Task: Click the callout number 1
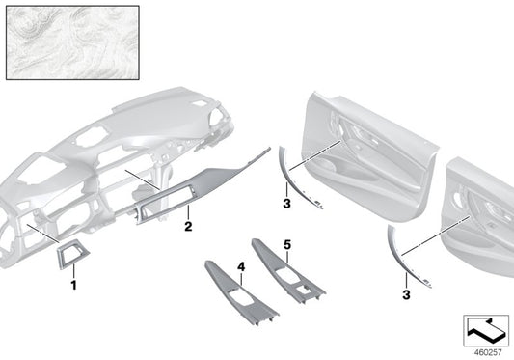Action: click(73, 287)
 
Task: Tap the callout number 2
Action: click(190, 227)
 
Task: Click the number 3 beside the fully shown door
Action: click(284, 204)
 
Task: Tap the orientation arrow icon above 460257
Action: click(486, 326)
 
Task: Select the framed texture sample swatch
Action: click(71, 42)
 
